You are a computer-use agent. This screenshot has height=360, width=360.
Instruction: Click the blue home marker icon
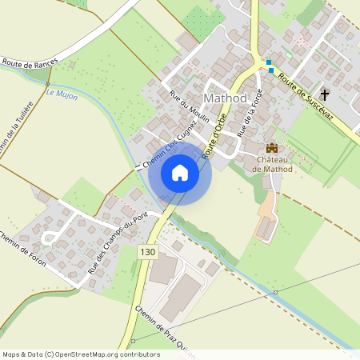point(180,173)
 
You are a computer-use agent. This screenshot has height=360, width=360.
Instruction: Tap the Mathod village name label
point(226,98)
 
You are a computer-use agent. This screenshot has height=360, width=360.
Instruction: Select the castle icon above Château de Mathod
point(272,148)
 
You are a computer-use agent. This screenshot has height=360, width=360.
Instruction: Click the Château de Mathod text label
point(272,163)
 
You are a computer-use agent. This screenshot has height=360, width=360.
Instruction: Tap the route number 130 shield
point(146,251)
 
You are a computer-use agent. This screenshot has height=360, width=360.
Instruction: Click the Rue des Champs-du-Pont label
point(118,243)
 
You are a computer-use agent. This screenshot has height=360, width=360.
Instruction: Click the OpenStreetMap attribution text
point(80,354)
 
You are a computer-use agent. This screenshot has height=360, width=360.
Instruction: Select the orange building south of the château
point(266,226)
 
